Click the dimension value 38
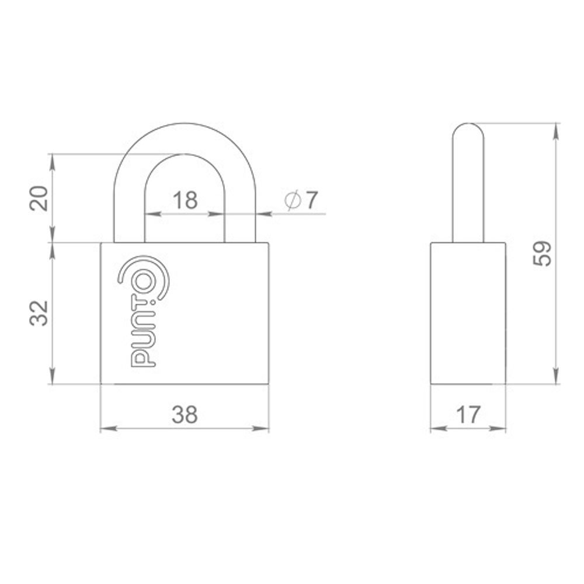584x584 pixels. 185,415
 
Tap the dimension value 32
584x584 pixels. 39,313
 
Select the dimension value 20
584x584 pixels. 39,198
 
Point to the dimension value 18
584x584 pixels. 185,200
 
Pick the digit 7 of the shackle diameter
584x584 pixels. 312,200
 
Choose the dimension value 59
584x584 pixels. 542,253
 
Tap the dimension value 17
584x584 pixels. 468,415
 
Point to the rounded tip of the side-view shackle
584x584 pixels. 468,124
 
